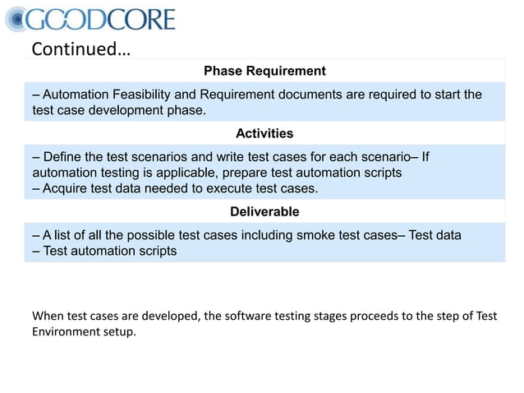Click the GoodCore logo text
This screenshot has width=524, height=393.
tap(103, 20)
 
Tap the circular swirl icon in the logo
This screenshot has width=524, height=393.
tap(17, 19)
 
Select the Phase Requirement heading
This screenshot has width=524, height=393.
tap(264, 72)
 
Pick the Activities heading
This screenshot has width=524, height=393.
tap(264, 133)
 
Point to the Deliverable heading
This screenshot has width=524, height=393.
tap(264, 212)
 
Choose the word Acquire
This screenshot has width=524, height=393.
tap(67, 188)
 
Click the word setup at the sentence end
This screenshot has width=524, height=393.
tap(120, 332)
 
